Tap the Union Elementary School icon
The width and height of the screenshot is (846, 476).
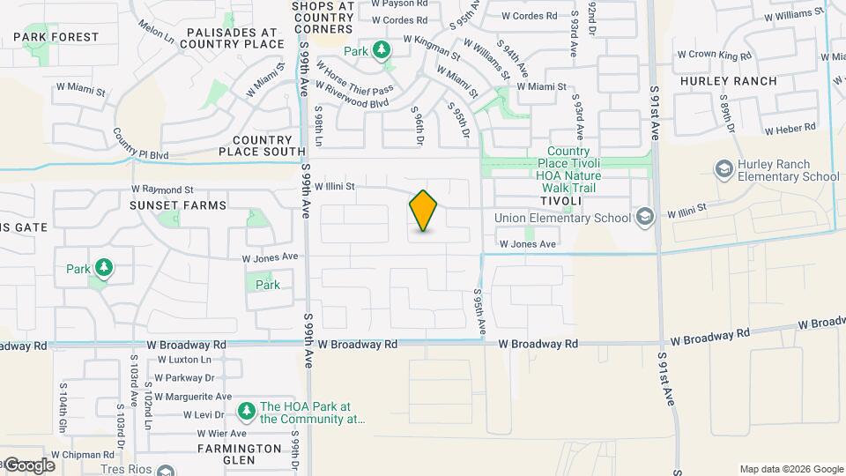click(644, 217)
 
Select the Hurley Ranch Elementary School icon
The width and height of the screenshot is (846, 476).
click(724, 168)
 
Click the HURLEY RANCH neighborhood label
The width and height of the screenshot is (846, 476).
click(728, 81)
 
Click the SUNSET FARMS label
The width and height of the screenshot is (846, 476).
click(178, 205)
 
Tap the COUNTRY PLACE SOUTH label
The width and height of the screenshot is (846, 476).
click(262, 145)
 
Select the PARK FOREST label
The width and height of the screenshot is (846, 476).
click(56, 37)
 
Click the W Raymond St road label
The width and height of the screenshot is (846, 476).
click(162, 190)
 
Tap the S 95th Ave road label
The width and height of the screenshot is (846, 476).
click(480, 311)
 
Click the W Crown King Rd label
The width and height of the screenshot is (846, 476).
click(714, 56)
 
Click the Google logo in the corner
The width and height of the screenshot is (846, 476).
click(29, 465)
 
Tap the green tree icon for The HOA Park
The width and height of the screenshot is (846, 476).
click(247, 412)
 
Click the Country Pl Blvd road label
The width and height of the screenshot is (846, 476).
click(140, 145)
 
